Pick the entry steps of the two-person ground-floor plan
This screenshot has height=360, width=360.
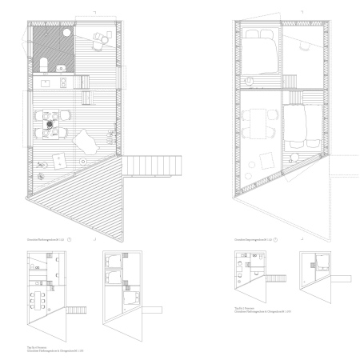click(x=263, y=279)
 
